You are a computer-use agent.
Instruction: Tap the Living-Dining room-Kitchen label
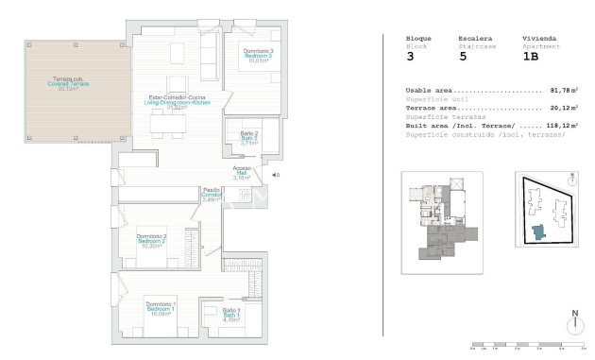click(176, 101)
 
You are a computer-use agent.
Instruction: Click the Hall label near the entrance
click(243, 172)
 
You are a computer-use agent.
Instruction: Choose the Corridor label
click(212, 195)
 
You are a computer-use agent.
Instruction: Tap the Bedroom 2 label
click(152, 241)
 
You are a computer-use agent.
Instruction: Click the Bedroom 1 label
click(160, 310)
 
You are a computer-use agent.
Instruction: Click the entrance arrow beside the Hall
click(272, 175)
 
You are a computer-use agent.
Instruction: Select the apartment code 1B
click(532, 57)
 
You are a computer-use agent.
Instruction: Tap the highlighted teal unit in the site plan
click(539, 231)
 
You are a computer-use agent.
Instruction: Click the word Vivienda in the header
click(538, 39)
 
